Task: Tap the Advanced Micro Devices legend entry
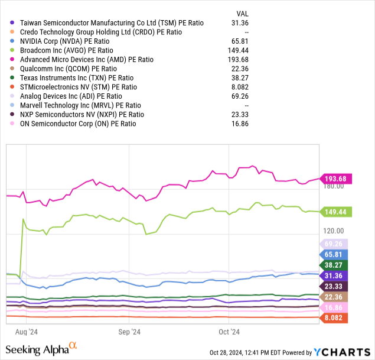point(86,60)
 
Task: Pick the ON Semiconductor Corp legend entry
point(78,124)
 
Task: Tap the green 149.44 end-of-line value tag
point(335,212)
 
